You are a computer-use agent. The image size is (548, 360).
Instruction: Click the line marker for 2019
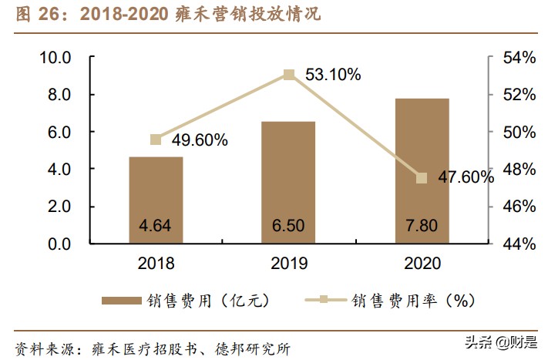(x=289, y=75)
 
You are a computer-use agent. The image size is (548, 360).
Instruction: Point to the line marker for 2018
(x=156, y=140)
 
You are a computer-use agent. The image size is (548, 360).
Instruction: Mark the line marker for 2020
(x=422, y=178)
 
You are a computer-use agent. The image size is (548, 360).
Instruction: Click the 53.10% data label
(x=333, y=75)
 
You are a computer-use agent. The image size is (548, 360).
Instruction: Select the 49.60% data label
(x=200, y=140)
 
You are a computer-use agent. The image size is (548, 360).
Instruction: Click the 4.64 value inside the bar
(x=156, y=227)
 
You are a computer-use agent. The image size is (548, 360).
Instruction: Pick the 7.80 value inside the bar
(x=422, y=227)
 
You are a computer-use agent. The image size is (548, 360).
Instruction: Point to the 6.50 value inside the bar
(x=289, y=227)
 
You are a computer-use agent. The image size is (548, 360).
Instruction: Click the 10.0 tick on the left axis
(x=55, y=58)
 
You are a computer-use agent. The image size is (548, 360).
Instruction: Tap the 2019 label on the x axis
(x=289, y=264)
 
